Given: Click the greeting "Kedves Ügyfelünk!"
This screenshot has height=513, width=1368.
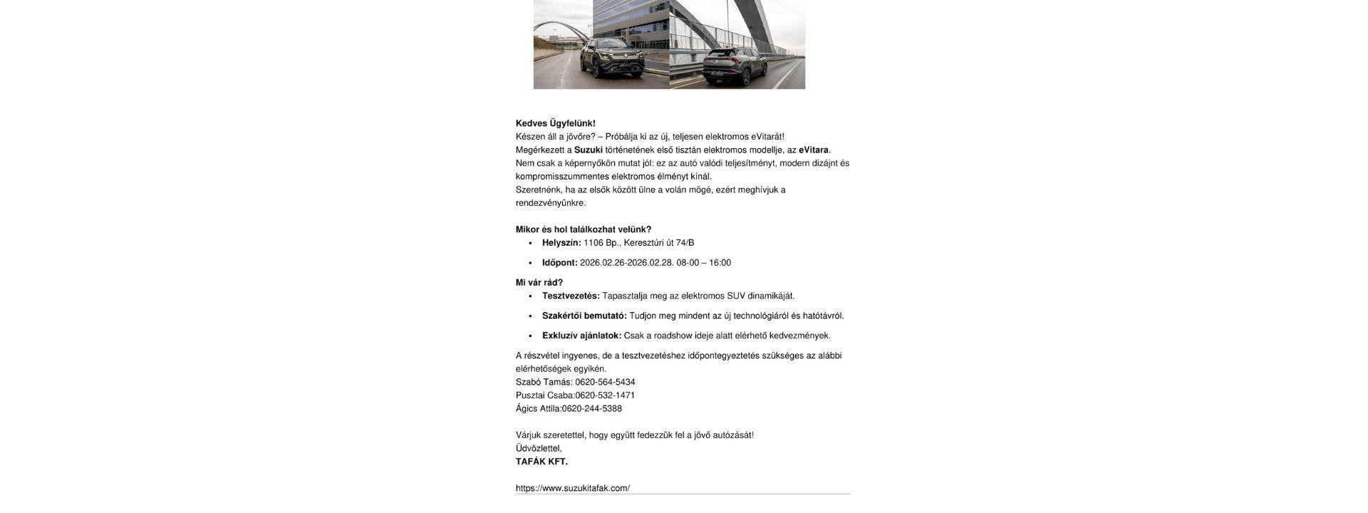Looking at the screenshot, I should tap(555, 123).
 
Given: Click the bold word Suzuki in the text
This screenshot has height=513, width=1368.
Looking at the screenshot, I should tap(588, 150).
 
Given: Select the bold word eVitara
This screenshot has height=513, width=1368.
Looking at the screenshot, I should tap(813, 150).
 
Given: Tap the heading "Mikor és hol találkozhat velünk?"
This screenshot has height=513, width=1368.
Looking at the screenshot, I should tap(583, 229).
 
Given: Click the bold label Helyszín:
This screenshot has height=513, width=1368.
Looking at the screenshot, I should tap(561, 243).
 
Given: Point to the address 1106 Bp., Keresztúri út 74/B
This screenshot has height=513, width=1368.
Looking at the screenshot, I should tap(638, 243).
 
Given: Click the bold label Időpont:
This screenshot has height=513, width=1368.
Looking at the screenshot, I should tap(559, 263).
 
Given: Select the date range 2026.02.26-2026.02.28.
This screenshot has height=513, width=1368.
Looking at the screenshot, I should tap(626, 263).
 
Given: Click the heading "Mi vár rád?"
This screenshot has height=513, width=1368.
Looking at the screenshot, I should tap(539, 283).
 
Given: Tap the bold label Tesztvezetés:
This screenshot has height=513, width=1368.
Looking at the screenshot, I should tap(571, 296).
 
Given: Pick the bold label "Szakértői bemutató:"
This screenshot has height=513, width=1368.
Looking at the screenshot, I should tap(584, 316).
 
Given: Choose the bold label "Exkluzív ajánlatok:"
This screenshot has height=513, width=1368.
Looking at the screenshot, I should tap(581, 336).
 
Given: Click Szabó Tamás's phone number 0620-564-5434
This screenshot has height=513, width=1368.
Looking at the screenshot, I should tap(605, 382).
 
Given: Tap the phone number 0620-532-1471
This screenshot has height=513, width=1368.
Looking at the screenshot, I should tap(605, 395).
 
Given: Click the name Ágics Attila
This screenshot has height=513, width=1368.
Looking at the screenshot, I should tap(538, 409).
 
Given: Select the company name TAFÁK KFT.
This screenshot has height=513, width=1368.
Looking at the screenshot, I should tap(541, 462).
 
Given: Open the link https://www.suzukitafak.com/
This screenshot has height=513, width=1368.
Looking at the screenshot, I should tap(572, 488).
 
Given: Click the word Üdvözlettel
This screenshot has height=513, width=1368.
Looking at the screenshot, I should tap(538, 448).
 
